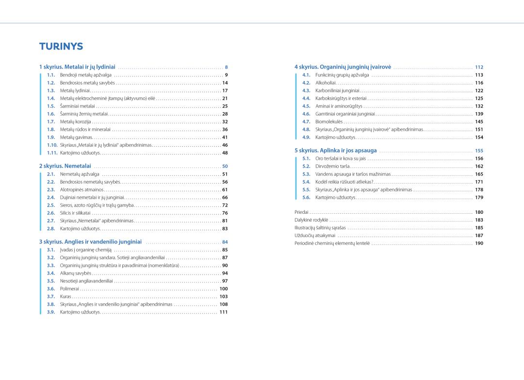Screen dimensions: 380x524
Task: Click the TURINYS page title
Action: (61, 47)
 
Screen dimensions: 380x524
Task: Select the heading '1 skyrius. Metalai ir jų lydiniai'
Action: (77, 67)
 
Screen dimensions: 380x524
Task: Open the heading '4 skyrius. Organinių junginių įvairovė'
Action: (343, 67)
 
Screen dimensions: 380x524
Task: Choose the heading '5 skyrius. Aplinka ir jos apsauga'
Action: (335, 150)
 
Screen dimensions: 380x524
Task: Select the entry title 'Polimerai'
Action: (69, 289)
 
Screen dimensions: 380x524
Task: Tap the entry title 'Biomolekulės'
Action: (329, 121)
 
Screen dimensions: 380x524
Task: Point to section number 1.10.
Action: (52, 145)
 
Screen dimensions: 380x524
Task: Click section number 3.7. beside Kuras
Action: (51, 296)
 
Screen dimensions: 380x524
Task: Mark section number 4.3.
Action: (306, 90)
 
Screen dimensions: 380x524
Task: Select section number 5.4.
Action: (306, 182)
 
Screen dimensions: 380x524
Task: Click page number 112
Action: (479, 67)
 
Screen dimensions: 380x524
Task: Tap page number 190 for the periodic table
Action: (479, 243)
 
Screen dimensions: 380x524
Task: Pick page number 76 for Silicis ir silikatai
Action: (225, 213)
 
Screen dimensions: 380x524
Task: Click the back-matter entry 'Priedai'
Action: (301, 212)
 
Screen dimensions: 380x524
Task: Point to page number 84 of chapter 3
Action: (225, 242)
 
